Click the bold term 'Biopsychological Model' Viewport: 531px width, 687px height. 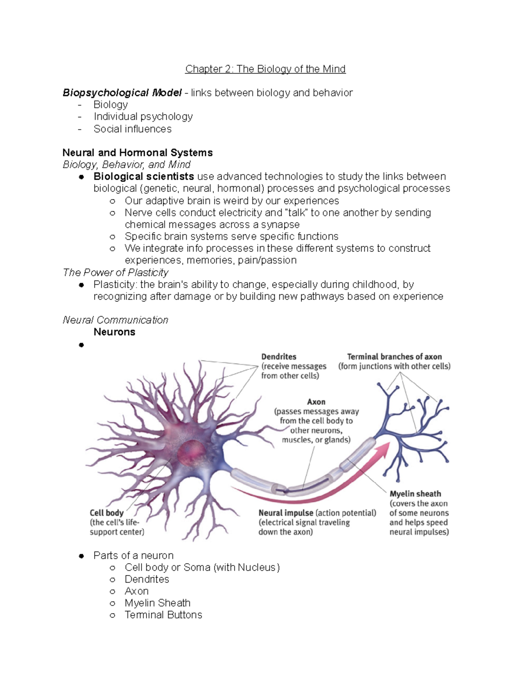[x=122, y=93]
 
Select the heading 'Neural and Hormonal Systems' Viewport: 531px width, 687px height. [x=137, y=153]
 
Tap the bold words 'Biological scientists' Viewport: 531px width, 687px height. [x=143, y=177]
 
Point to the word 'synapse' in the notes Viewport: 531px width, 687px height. [x=280, y=225]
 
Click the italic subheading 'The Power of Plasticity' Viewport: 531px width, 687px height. [x=115, y=272]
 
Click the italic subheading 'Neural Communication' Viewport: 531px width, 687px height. [x=115, y=320]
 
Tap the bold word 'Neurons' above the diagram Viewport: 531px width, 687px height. [x=114, y=332]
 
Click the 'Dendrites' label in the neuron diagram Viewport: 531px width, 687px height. [x=279, y=357]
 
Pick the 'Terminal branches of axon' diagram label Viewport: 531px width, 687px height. [x=394, y=357]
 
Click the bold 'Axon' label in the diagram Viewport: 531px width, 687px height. [x=316, y=402]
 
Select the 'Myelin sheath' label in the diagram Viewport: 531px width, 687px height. [x=415, y=494]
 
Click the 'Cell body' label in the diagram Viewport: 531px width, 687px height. [x=107, y=513]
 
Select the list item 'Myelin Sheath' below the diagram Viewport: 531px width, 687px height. [x=158, y=603]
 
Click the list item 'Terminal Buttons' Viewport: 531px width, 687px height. [x=163, y=615]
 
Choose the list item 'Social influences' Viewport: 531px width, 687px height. [x=132, y=129]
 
